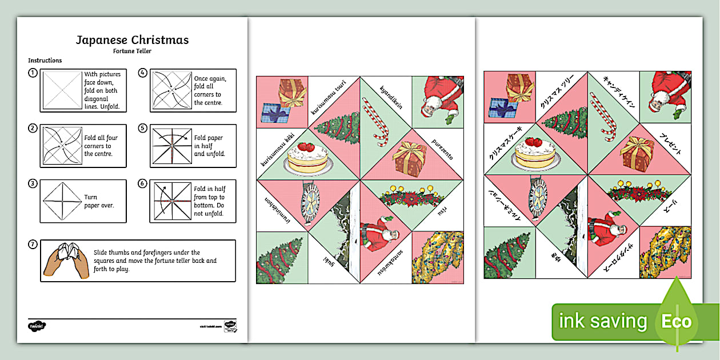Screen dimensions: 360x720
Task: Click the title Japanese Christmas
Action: coord(132,40)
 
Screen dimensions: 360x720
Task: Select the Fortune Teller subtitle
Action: coord(132,51)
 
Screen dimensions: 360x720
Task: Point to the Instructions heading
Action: coord(45,61)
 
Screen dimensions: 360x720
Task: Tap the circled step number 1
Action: coord(33,73)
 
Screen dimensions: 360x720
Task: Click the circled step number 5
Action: coord(143,128)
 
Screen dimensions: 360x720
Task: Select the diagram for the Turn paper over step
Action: coord(60,201)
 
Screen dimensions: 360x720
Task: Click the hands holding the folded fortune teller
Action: coord(66,260)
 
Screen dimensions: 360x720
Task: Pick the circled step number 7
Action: coord(33,245)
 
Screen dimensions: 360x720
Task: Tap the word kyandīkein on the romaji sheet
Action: coord(391,99)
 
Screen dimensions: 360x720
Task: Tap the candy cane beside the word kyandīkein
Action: coord(378,121)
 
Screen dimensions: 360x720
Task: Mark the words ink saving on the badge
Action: coord(603,322)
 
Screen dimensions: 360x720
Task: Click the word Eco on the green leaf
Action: coord(677,322)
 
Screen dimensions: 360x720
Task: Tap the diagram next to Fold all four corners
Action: coord(60,146)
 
